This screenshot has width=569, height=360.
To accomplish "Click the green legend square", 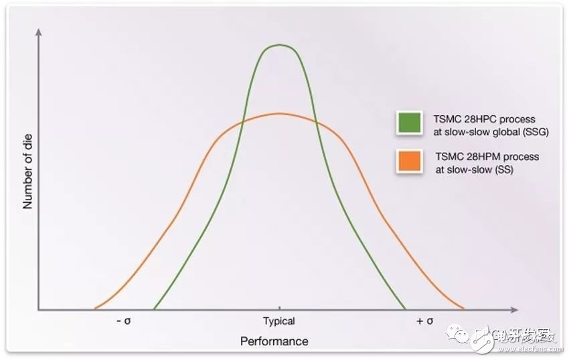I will (x=408, y=123).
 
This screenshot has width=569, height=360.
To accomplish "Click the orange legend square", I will (x=408, y=162).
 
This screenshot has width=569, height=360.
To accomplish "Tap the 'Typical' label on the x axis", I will (x=278, y=321).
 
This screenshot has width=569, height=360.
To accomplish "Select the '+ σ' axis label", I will (x=424, y=321).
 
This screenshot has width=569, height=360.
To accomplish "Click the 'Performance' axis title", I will (x=274, y=341).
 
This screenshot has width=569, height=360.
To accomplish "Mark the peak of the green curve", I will (x=279, y=44).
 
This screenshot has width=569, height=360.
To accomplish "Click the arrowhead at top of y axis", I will (x=38, y=31).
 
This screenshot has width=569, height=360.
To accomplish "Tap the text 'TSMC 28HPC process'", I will (x=485, y=119).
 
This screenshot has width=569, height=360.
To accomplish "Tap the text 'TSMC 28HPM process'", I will (x=487, y=157).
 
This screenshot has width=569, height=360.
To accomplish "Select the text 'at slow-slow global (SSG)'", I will (x=491, y=132).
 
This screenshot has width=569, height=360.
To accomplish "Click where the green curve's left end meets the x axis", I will (x=154, y=309).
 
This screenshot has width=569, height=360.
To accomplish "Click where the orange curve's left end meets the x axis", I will (x=94, y=309).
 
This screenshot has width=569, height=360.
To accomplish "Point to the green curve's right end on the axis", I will (x=405, y=309).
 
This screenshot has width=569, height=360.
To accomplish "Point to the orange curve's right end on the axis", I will (x=463, y=309).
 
